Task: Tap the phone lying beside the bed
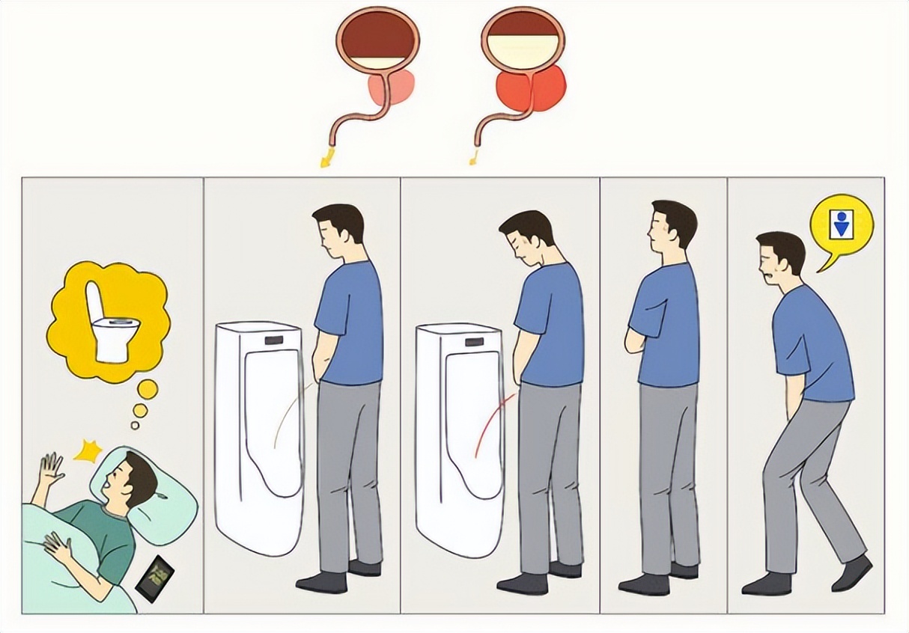(155, 578)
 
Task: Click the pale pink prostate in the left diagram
(391, 88)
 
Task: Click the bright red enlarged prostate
(530, 88)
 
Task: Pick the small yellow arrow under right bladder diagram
(473, 157)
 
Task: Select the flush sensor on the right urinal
(473, 343)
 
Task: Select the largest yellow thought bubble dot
(148, 389)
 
